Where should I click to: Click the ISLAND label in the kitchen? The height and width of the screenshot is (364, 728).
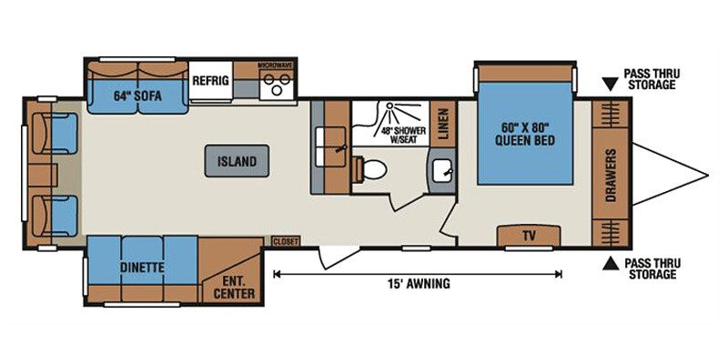point(237,162)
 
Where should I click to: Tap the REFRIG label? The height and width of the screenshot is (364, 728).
point(211,80)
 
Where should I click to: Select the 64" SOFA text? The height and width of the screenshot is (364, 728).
point(137,96)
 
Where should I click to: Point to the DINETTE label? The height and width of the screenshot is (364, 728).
point(142,268)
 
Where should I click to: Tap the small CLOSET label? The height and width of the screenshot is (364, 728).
point(286,241)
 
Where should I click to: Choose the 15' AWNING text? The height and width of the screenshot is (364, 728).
point(419,283)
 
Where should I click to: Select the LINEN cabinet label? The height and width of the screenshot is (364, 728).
point(443,124)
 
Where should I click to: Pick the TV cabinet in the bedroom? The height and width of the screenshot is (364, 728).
point(529,236)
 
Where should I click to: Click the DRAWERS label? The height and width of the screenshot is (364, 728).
point(611,175)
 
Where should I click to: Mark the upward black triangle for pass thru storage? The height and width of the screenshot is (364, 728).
point(611,264)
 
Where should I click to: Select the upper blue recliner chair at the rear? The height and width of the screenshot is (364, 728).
point(56,133)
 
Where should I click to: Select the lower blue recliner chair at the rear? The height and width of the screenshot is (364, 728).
point(56,216)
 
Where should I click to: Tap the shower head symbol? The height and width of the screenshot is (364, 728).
point(389,106)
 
